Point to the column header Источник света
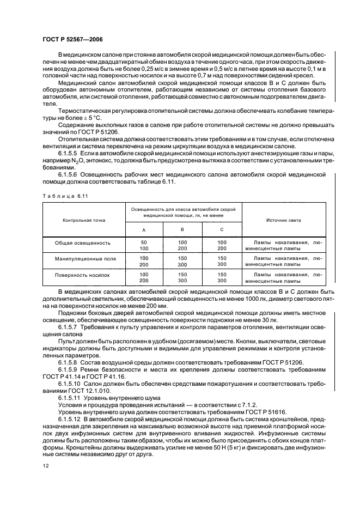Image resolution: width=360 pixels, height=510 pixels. tap(283, 220)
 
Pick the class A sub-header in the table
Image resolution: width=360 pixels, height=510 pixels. tap(144, 230)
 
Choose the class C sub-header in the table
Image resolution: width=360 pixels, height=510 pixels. tap(222, 230)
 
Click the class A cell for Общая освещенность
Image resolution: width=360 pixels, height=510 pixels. tap(144, 245)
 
